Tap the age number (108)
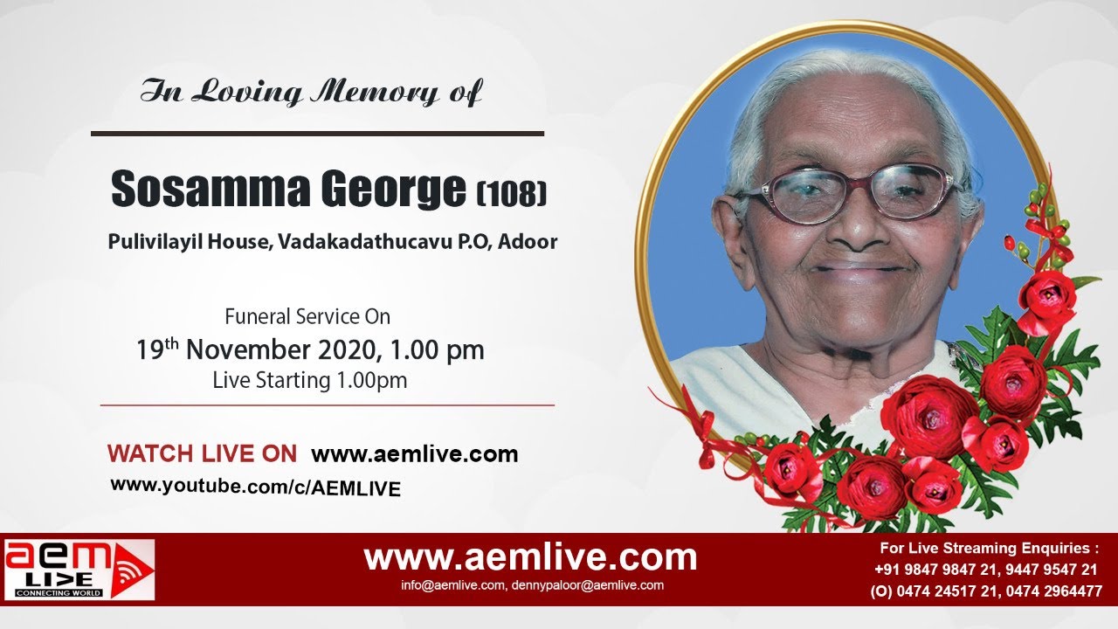tap(511, 192)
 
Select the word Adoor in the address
tap(528, 242)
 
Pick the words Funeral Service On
tap(307, 316)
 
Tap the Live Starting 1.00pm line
tap(309, 381)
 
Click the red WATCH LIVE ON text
tap(202, 454)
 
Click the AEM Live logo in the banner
tap(79, 570)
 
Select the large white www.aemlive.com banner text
tap(530, 556)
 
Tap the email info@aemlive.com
tap(452, 585)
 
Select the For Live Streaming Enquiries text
tap(989, 549)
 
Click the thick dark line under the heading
tap(317, 134)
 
